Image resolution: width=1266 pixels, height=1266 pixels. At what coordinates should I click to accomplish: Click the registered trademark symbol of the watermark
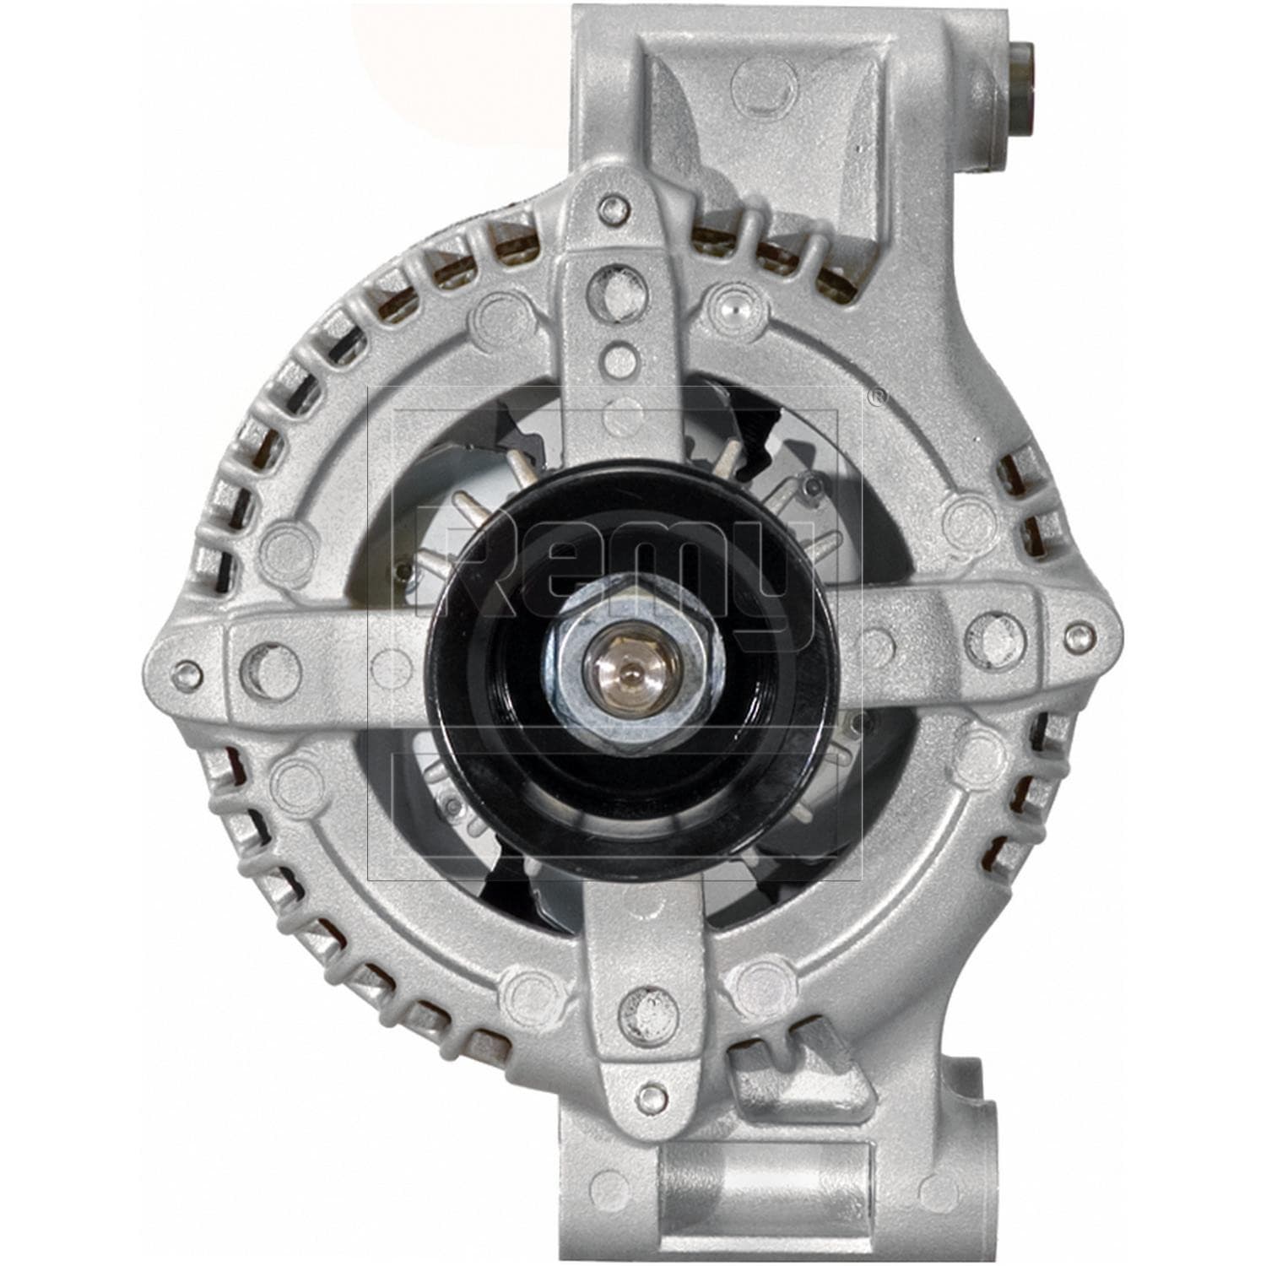click(x=878, y=398)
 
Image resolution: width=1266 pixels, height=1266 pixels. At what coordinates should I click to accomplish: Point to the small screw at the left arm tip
click(x=187, y=673)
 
